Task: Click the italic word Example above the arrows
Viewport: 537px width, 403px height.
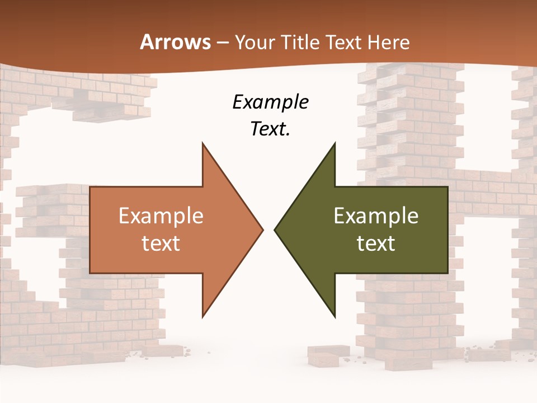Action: point(271,102)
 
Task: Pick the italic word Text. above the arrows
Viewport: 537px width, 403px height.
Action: point(271,129)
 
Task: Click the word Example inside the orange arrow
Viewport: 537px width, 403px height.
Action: point(161,216)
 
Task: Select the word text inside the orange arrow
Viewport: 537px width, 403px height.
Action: point(161,243)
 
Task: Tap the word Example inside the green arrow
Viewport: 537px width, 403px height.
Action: point(376,216)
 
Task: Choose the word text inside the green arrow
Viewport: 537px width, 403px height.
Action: point(376,243)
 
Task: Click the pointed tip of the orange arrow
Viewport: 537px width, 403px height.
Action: point(263,229)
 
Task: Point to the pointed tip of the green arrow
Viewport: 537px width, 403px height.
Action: point(274,229)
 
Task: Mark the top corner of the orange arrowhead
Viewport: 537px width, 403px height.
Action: point(202,143)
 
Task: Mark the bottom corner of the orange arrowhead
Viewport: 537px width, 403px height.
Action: point(202,317)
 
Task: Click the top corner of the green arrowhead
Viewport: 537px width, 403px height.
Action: point(335,143)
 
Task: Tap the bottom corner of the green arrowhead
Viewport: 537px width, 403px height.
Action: point(335,317)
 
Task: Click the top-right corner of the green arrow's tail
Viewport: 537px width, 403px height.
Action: point(447,187)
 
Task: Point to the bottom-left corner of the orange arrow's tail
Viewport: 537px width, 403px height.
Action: point(90,273)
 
